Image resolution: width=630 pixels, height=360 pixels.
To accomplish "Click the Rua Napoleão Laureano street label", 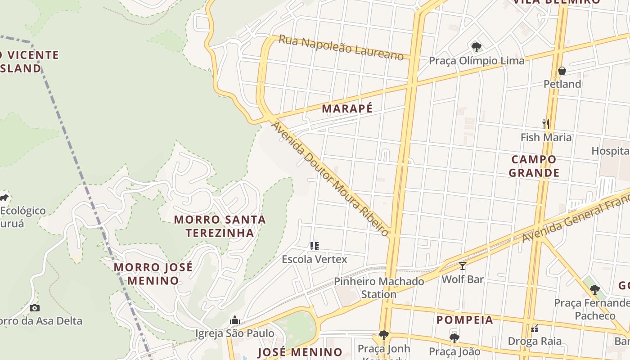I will click(341, 47).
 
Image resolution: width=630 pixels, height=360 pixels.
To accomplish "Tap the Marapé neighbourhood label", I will click(347, 108).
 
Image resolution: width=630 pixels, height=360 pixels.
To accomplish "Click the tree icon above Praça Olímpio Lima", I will click(476, 47).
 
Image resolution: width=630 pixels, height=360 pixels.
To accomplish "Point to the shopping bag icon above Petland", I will click(562, 71).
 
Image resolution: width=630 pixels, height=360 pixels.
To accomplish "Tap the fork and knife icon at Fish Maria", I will click(545, 124).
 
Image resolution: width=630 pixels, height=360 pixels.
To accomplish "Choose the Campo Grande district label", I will click(534, 166).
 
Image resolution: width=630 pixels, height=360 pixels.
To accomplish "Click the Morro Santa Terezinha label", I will click(220, 226).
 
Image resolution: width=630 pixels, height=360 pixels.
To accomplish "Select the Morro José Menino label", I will click(153, 274).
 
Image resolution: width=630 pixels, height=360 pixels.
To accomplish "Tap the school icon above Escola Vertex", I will click(314, 246).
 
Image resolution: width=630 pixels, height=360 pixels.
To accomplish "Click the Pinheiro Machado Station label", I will click(379, 288).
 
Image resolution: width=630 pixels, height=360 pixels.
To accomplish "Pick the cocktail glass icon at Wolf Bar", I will click(462, 265).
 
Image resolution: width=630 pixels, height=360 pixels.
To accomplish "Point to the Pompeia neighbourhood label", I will click(465, 320).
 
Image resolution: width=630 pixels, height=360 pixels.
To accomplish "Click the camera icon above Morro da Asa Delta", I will click(35, 308).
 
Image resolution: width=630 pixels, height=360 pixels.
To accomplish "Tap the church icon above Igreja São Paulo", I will click(234, 320).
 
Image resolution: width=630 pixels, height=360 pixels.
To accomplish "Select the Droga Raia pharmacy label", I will click(535, 341).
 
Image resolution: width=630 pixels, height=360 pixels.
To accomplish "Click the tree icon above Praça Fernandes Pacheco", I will click(594, 290).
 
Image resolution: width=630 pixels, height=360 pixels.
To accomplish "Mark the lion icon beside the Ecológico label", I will click(4, 198).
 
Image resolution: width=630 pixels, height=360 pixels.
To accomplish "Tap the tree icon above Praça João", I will click(454, 338).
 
